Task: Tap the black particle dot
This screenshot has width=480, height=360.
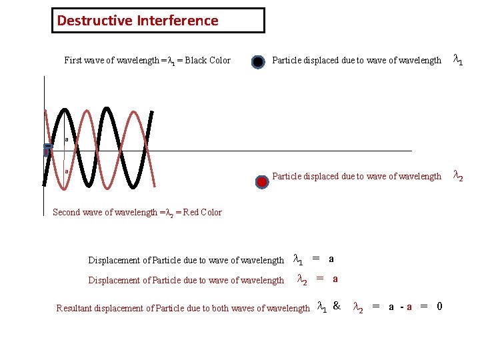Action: click(x=258, y=63)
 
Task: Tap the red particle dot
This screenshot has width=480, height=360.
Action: click(x=262, y=181)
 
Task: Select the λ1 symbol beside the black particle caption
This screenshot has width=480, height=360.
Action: click(x=458, y=60)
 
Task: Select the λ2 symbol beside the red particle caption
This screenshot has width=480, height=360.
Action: click(x=458, y=176)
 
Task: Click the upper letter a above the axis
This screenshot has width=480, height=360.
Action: click(x=67, y=139)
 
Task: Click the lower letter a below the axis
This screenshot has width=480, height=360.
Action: click(x=67, y=171)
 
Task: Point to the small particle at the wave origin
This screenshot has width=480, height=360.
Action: click(x=47, y=149)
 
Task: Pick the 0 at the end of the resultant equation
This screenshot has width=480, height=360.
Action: click(x=439, y=307)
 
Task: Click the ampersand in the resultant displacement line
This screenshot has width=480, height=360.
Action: click(x=337, y=307)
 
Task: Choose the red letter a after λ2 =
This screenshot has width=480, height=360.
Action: click(x=335, y=279)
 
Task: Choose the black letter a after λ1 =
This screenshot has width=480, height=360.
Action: click(x=331, y=259)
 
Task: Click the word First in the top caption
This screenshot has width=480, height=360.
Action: click(x=73, y=61)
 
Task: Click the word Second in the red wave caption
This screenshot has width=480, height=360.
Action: click(x=67, y=213)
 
